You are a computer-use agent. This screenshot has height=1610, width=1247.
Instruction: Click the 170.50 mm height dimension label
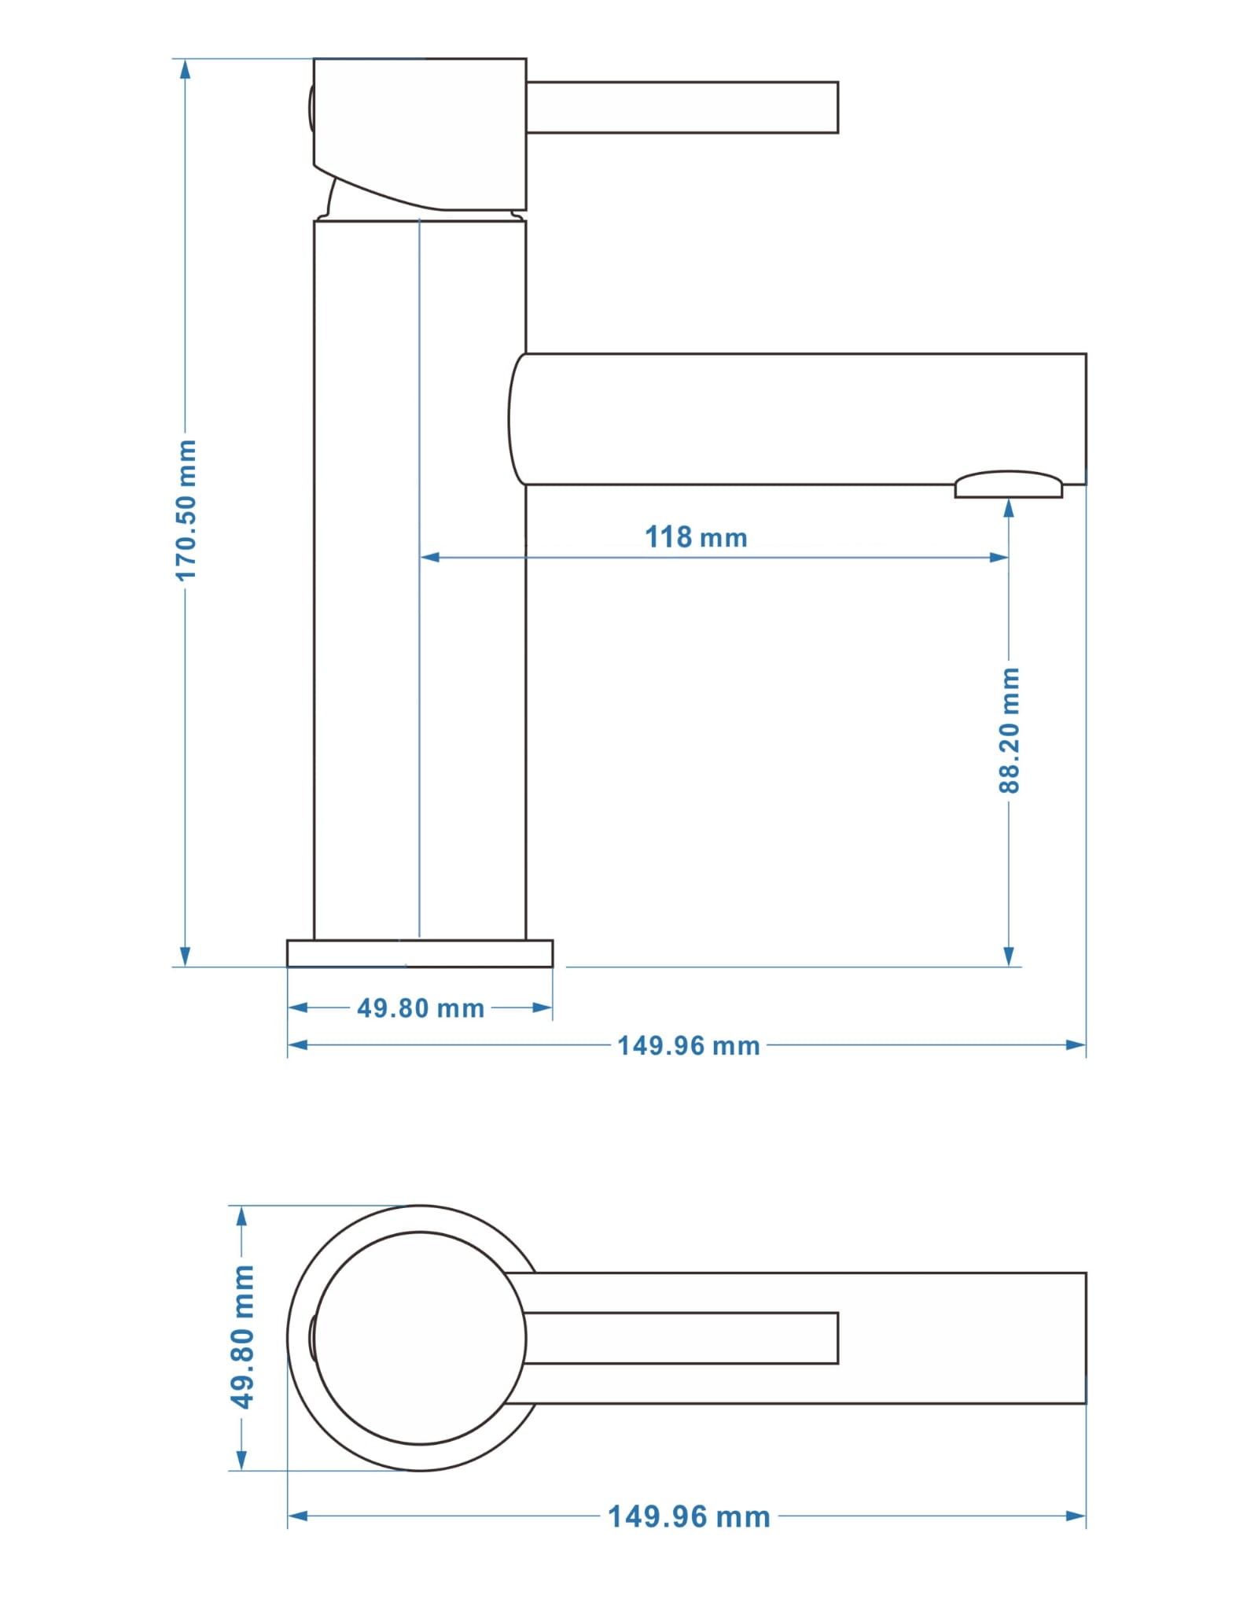point(186,510)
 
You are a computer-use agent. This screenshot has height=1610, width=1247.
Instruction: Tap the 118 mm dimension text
point(696,538)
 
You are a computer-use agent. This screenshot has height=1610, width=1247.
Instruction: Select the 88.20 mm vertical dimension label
point(1009,730)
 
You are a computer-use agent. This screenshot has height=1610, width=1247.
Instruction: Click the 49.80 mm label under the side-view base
point(421,1008)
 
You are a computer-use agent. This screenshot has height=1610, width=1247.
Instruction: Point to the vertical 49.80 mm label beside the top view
point(242,1337)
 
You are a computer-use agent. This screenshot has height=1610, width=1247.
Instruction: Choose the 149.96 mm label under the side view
point(689,1046)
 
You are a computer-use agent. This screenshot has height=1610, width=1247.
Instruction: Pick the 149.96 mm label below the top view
point(689,1516)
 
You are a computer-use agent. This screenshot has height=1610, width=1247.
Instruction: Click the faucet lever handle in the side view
point(682,107)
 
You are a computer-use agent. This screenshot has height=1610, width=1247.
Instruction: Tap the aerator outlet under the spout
point(1009,484)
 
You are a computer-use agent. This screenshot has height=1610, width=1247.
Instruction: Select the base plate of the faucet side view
point(420,953)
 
